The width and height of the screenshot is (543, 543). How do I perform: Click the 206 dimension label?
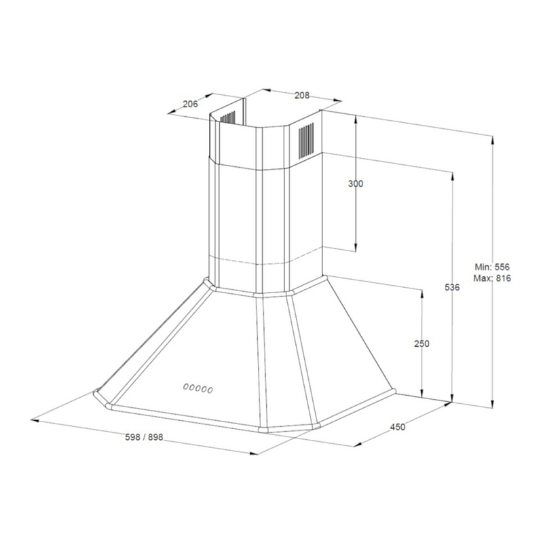point(190,104)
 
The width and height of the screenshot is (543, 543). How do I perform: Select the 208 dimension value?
point(302,95)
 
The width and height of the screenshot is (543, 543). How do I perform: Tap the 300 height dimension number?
point(356,183)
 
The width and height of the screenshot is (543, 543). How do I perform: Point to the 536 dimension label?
point(452,287)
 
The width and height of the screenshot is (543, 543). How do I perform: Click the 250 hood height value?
point(422,343)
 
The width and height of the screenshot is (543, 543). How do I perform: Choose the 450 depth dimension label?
point(398,427)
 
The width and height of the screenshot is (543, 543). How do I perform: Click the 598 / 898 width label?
point(144,437)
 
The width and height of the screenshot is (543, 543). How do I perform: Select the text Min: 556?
point(492,267)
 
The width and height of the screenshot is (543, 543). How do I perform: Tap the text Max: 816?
point(492,278)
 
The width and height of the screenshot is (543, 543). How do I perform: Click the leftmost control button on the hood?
point(186,386)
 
